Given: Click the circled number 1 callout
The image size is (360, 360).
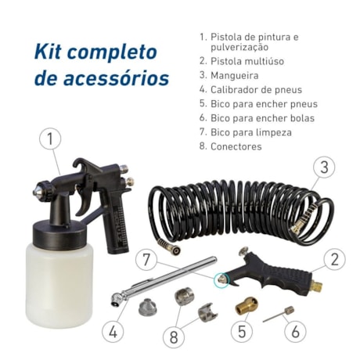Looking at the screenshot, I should coord(50,140).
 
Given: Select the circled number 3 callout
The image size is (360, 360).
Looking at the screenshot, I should coord(323,167).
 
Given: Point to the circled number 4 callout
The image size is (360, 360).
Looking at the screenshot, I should coord(114,331).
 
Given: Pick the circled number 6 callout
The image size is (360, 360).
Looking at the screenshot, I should coord(295,331).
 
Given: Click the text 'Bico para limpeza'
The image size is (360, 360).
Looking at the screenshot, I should coord(251,132).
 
